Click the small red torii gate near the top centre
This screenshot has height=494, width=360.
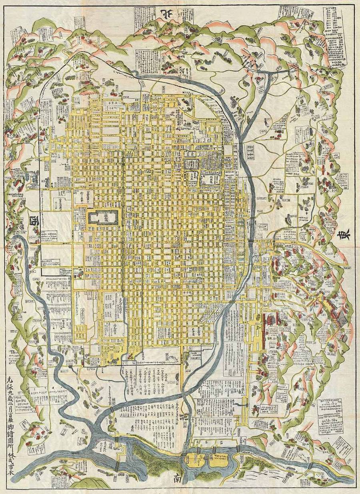(x=164, y=73)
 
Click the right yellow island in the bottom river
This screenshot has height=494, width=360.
(x=218, y=461)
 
